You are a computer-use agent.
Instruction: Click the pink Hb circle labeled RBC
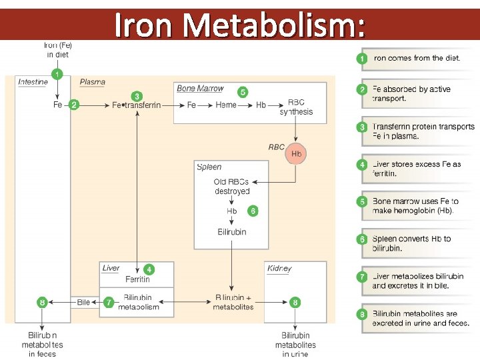297,153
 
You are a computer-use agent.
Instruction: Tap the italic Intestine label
33,82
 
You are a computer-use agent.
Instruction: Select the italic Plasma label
93,82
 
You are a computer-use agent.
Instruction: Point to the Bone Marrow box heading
200,89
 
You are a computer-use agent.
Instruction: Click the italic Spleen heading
209,167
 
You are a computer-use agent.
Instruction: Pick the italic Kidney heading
279,269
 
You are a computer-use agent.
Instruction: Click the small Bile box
83,303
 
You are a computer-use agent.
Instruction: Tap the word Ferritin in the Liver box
137,279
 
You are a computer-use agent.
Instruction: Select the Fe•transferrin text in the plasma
137,105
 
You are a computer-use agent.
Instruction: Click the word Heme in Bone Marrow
226,105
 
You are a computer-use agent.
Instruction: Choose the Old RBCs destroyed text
231,187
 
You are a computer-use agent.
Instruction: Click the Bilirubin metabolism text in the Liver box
137,302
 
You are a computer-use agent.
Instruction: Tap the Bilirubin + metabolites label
233,302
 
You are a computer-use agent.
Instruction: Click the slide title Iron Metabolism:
239,26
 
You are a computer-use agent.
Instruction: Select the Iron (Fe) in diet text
57,50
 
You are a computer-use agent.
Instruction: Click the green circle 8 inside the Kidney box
295,303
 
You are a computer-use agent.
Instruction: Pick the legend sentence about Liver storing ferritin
417,169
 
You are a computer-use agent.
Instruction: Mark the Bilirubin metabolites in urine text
295,345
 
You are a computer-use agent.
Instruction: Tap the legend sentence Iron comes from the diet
417,58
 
